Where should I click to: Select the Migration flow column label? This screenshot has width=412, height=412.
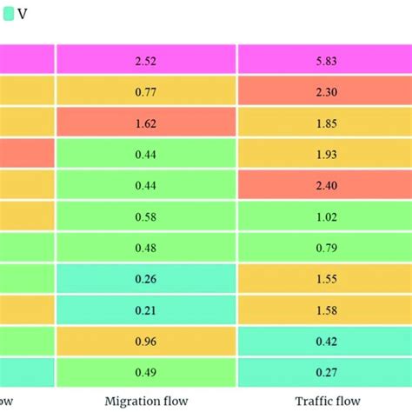pos(145,400)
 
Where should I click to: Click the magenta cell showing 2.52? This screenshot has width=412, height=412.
pos(145,59)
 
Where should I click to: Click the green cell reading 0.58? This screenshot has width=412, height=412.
pos(145,216)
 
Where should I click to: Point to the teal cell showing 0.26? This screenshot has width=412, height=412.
pos(145,278)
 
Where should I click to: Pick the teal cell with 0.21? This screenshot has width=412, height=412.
pos(145,309)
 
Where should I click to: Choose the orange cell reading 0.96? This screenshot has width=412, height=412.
pos(145,341)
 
